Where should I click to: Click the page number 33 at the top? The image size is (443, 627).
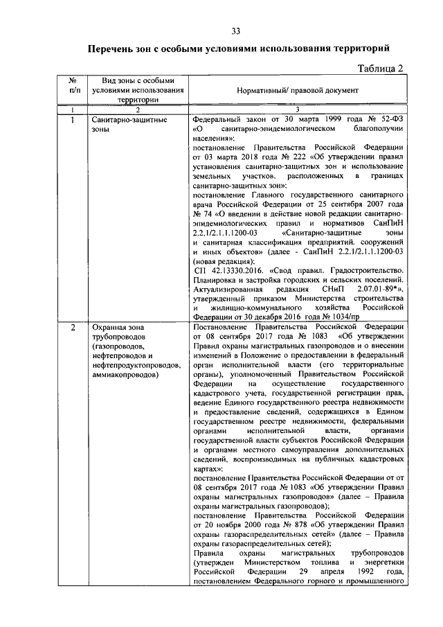(235, 31)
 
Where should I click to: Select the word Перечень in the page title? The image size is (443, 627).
(114, 49)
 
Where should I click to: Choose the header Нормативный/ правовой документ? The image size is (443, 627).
(298, 91)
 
